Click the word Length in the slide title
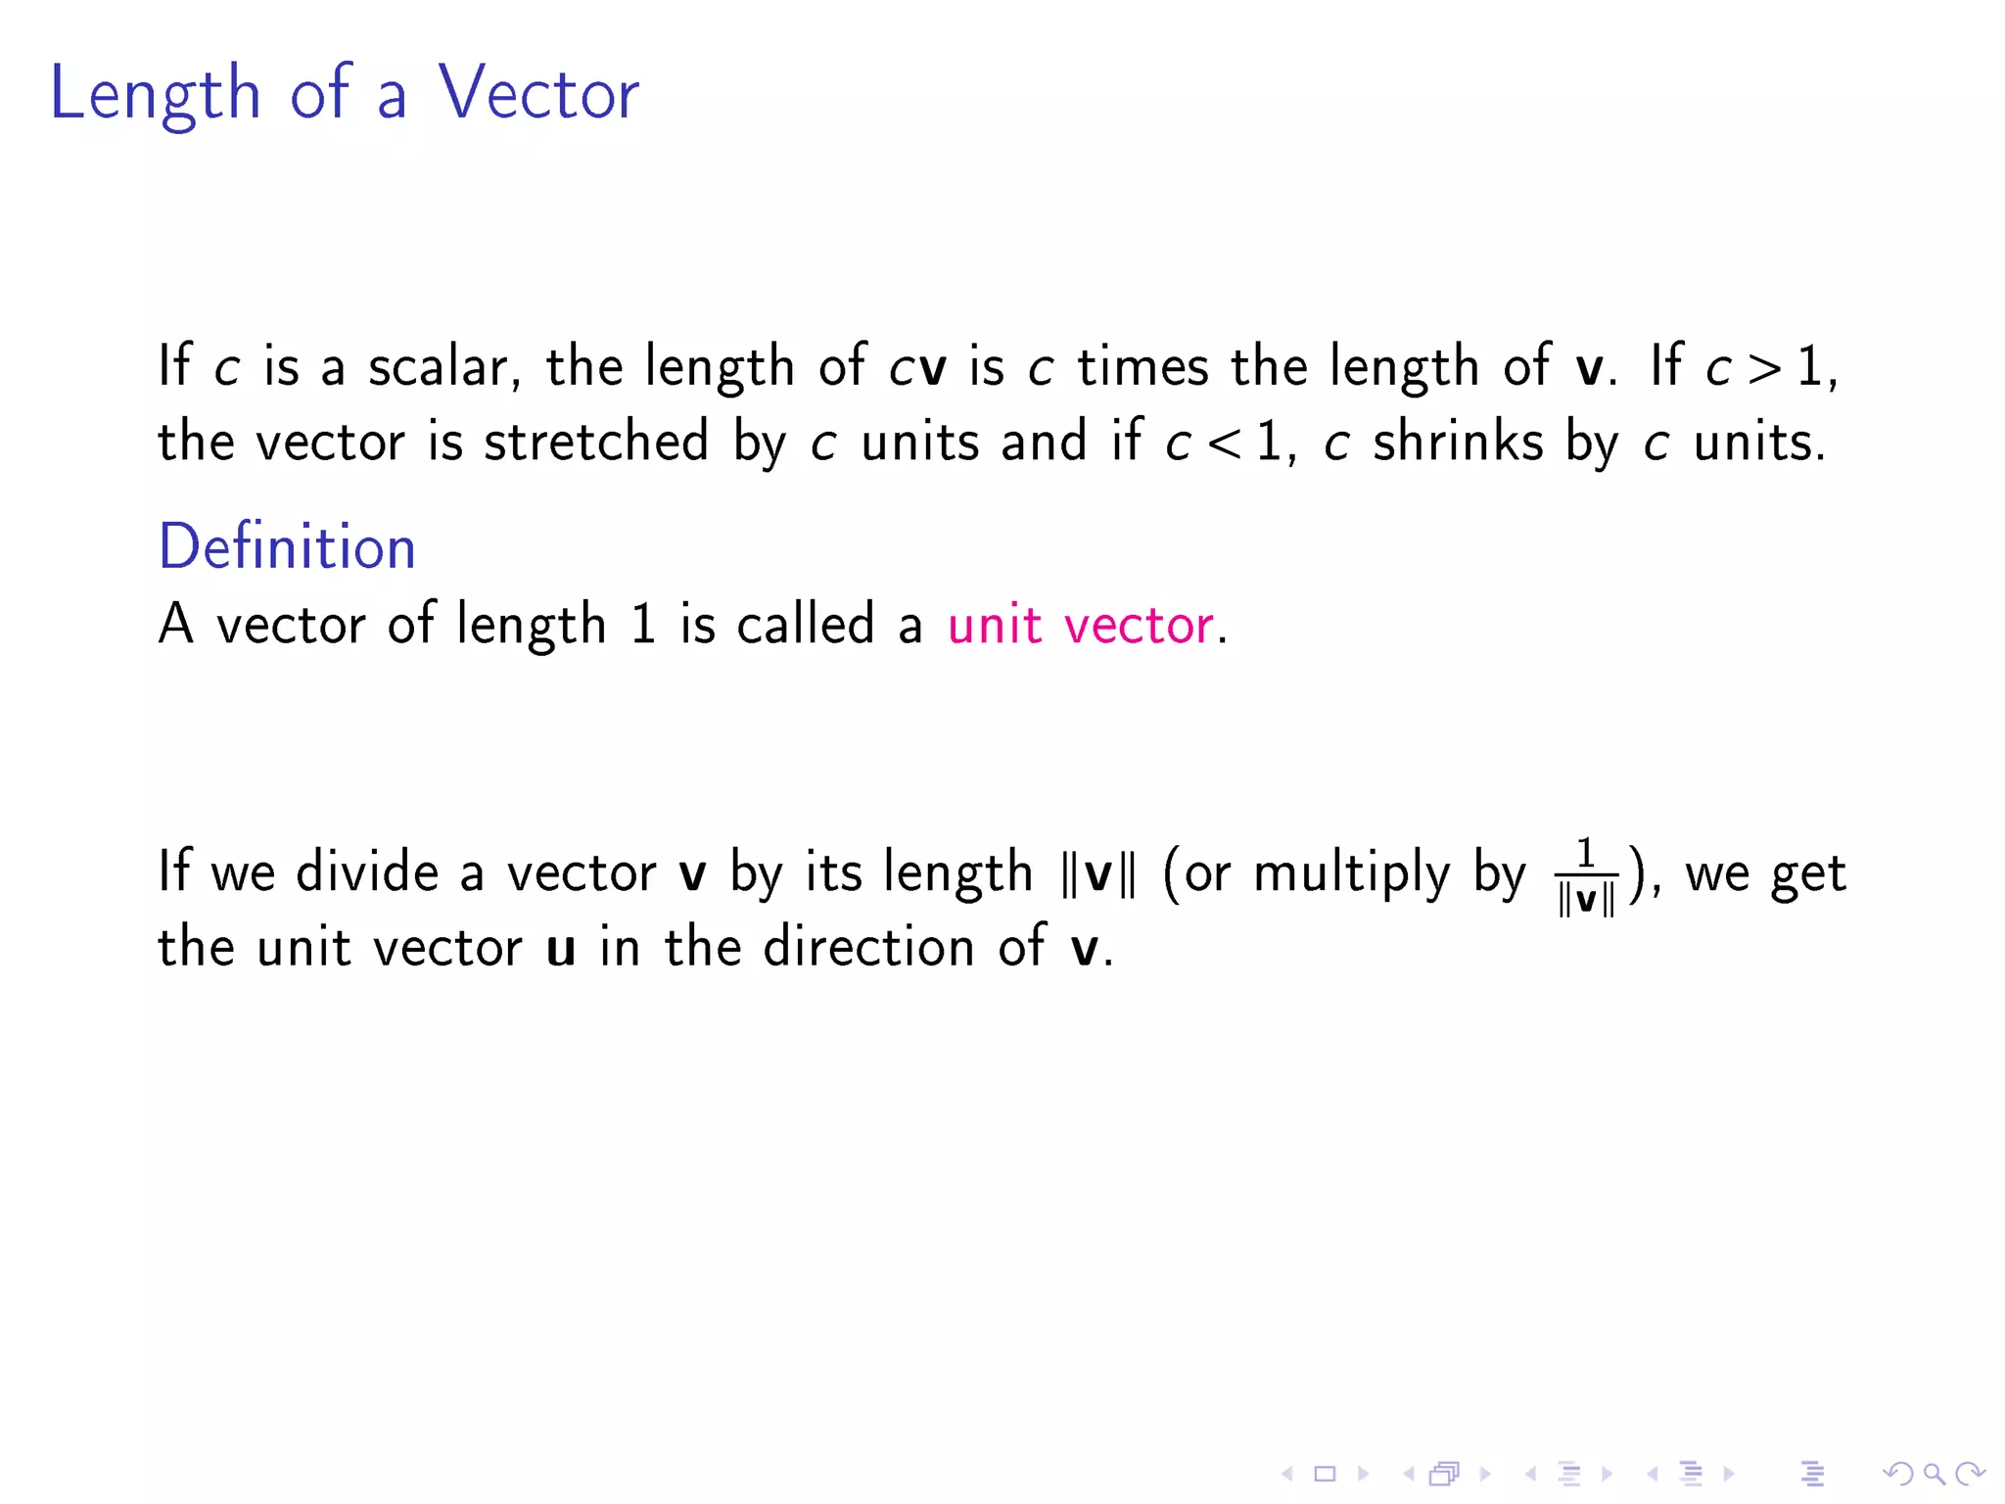155,94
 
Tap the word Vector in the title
537,94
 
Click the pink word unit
994,625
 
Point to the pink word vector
1138,625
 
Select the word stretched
595,442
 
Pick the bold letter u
560,948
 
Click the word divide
367,871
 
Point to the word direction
868,947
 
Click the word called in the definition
805,625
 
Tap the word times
1142,367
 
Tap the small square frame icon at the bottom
1325,1474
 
